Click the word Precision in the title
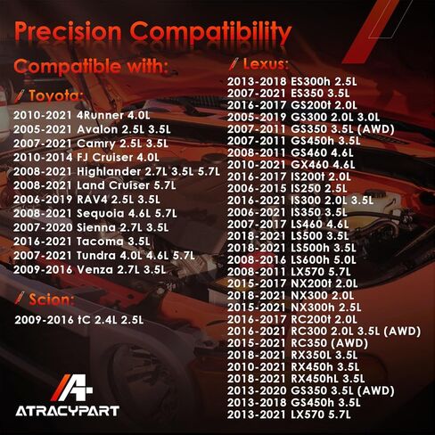pos(68,31)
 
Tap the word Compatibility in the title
pos(210,33)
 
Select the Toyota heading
pos(55,95)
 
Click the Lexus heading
pos(266,64)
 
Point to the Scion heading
pos(51,300)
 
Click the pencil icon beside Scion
pos(20,298)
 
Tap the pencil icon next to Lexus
pos(234,63)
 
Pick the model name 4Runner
pos(100,115)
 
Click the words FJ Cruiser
pos(104,158)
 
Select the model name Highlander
pos(109,171)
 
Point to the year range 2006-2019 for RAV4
pos(43,200)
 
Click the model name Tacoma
pos(100,242)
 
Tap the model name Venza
pos(94,269)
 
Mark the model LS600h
pos(310,259)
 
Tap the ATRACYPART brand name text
pos(68,411)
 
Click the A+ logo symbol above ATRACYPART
pos(71,388)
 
